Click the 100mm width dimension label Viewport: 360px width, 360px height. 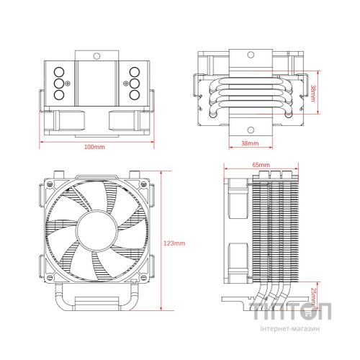[94, 147]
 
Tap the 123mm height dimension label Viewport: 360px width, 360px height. [175, 243]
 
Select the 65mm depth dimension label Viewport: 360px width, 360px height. [261, 165]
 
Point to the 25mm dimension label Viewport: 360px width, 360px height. [312, 295]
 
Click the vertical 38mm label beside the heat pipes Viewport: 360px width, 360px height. [312, 91]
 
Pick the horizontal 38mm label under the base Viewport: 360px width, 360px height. [248, 144]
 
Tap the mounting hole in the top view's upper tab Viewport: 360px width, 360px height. [96, 55]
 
